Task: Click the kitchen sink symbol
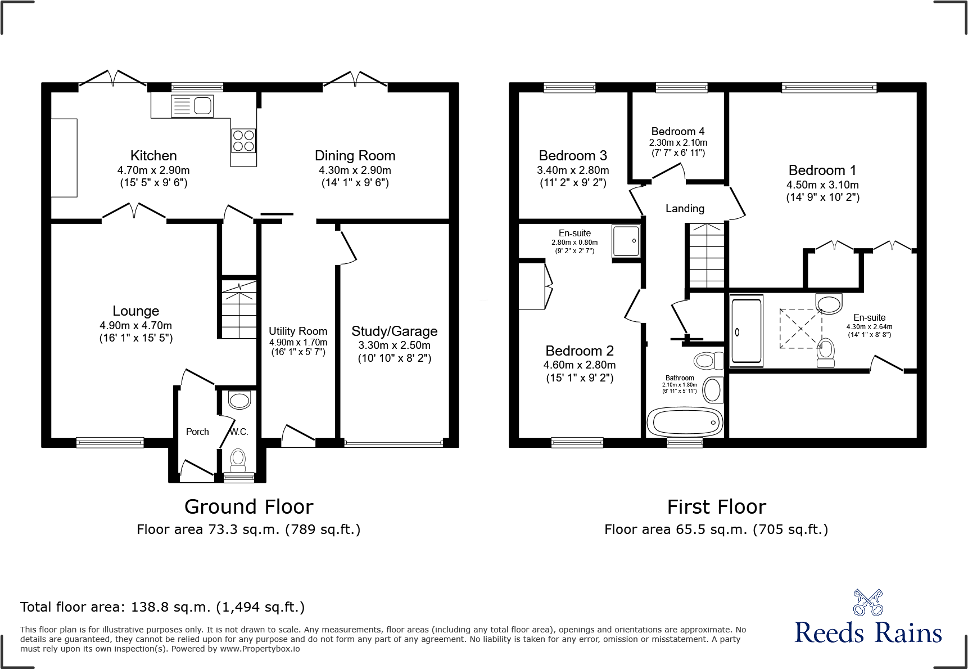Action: (x=192, y=106)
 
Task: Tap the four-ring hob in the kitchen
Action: (x=243, y=141)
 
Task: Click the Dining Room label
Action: (x=355, y=156)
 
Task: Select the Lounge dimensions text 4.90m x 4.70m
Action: (x=136, y=325)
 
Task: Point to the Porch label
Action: (x=197, y=432)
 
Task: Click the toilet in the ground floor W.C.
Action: (x=238, y=459)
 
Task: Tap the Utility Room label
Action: (x=298, y=331)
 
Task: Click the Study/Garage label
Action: (x=394, y=331)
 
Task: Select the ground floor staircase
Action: (x=239, y=309)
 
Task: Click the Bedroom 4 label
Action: (x=677, y=131)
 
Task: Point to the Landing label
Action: (x=685, y=208)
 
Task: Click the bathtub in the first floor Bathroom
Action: (x=685, y=422)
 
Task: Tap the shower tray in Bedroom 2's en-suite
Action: (x=626, y=241)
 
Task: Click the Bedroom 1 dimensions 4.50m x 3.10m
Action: (x=822, y=185)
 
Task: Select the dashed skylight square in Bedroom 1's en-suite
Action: (x=800, y=329)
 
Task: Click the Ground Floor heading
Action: (x=248, y=506)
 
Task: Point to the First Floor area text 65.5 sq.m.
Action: (x=716, y=529)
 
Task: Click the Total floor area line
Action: (x=162, y=607)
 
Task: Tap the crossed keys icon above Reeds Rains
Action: (x=868, y=603)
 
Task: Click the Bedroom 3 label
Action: (x=573, y=156)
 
